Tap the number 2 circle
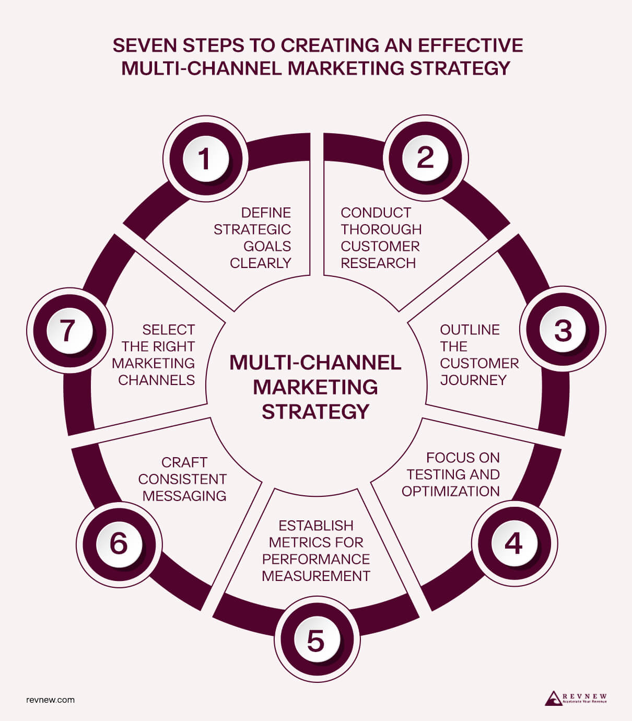point(425,158)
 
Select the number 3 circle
point(563,330)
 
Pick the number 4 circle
point(514,543)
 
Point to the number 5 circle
point(316,641)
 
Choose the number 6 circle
point(119,543)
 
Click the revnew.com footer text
point(50,700)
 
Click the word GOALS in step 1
point(267,246)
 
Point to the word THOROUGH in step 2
point(381,229)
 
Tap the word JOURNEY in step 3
point(473,380)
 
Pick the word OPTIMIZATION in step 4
point(451,491)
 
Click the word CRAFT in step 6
point(184,462)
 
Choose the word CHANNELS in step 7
point(156,380)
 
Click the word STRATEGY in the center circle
point(315,412)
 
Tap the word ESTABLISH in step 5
point(316,526)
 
